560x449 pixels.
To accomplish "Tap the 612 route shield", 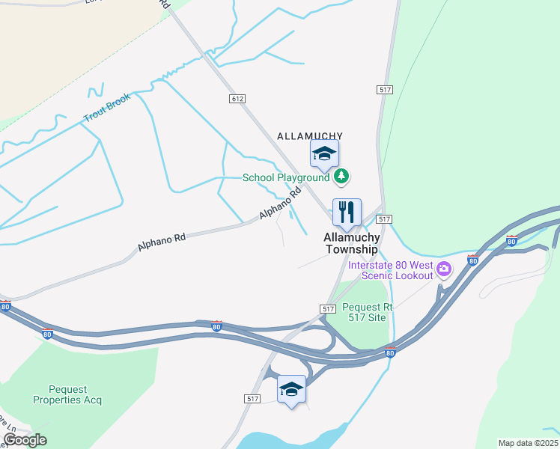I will coord(237,99).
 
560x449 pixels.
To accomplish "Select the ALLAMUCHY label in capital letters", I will coord(310,135).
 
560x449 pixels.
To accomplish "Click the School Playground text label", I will coord(286,177).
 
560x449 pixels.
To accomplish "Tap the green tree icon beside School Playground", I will coord(342,177).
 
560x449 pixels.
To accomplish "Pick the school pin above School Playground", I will coord(324,154).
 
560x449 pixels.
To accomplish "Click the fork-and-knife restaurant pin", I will coord(347,213).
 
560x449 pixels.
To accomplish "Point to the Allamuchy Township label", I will coord(352,242).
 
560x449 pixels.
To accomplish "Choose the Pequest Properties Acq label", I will coord(67,394).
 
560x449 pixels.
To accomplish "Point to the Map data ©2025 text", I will coord(528,443).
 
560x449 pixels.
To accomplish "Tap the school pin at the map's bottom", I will coord(291,389).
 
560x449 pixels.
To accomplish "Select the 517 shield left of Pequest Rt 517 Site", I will coord(328,308).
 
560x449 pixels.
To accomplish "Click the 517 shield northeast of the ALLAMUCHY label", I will coord(385,89).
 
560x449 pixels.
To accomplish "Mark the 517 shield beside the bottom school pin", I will coord(252,399).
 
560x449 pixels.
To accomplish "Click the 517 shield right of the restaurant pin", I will coord(385,219).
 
